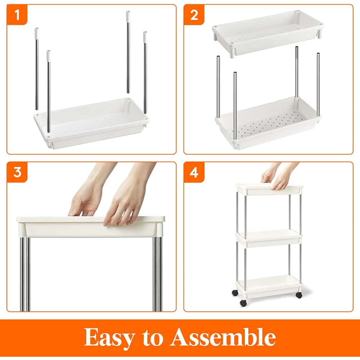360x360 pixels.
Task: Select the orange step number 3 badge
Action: point(17,172)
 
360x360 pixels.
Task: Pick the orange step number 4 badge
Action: point(194,172)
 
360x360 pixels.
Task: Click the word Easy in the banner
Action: point(109,337)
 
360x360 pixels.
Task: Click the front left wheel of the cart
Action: point(243,302)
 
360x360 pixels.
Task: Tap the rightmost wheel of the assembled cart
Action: point(299,295)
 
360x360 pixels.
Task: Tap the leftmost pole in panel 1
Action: point(36,68)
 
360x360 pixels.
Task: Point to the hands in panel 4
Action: point(277,177)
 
